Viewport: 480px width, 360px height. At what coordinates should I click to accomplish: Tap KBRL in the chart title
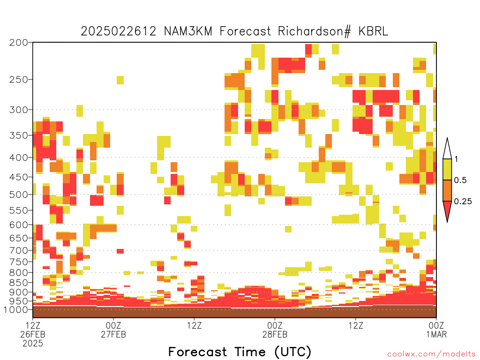(x=373, y=31)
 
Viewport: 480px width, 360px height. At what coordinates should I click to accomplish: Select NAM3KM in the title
(x=188, y=31)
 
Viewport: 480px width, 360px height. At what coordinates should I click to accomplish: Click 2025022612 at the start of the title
(x=119, y=31)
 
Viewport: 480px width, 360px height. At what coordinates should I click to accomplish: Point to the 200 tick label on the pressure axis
(x=19, y=43)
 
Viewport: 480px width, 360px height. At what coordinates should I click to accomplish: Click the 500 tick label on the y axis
(x=19, y=195)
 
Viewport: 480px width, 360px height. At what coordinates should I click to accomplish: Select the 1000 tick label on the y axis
(x=16, y=309)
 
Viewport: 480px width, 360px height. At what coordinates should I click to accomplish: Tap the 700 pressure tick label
(x=19, y=250)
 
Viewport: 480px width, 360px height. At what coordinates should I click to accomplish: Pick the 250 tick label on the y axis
(x=19, y=80)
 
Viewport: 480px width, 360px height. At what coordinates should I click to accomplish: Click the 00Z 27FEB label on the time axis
(x=113, y=330)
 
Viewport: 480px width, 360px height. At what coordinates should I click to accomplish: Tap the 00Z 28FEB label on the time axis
(x=275, y=330)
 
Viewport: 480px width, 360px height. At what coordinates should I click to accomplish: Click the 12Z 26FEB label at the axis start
(x=33, y=334)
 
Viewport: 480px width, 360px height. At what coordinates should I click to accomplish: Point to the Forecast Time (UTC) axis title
(x=240, y=352)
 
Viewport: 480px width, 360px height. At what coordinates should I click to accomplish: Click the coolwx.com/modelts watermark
(x=431, y=354)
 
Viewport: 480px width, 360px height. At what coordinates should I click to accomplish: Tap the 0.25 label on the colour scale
(x=463, y=201)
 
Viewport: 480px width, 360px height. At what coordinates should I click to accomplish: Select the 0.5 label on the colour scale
(x=460, y=180)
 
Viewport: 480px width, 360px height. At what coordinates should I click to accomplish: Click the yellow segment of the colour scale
(x=447, y=169)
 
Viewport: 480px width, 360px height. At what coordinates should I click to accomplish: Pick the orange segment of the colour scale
(x=447, y=190)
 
